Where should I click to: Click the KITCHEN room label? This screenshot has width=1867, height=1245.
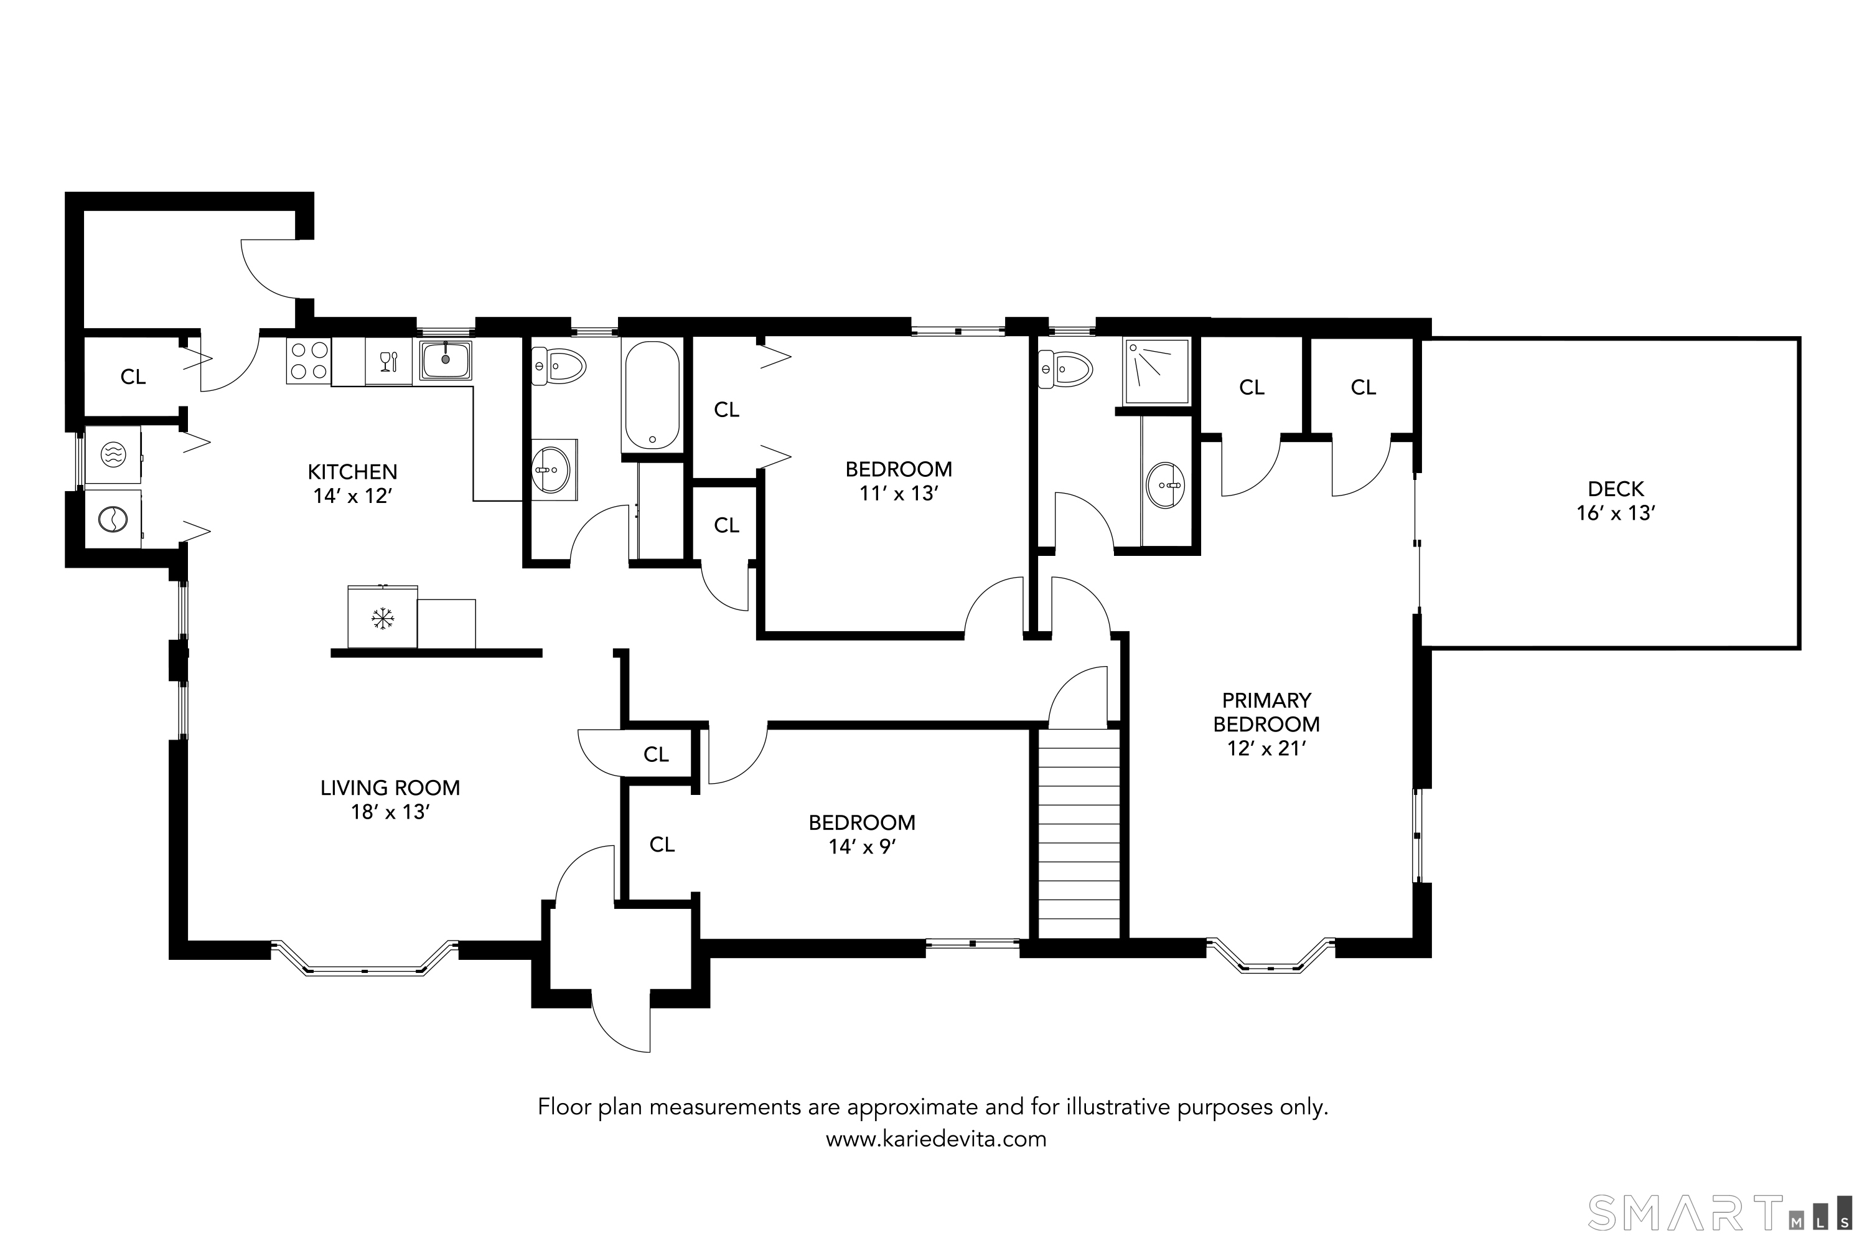pos(352,472)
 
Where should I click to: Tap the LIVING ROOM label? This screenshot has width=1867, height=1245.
pos(390,787)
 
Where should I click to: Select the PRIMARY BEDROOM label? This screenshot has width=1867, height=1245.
pos(1266,712)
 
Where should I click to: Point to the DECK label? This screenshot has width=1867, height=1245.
pos(1616,489)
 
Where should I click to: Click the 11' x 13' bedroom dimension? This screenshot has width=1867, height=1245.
pos(899,494)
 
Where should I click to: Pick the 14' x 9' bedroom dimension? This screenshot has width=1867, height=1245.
pos(862,847)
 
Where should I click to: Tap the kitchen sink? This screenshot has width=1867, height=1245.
pos(446,360)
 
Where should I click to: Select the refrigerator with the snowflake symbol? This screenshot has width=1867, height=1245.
pos(383,617)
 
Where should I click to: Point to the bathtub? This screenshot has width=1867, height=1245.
pos(652,395)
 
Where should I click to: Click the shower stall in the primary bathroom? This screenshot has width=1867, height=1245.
pos(1156,372)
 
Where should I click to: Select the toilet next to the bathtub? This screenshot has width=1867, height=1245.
pos(558,367)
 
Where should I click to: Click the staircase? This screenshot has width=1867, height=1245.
pos(1079,834)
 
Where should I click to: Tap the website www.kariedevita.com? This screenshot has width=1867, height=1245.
pos(936,1139)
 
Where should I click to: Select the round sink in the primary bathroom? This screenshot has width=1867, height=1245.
pos(1165,484)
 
